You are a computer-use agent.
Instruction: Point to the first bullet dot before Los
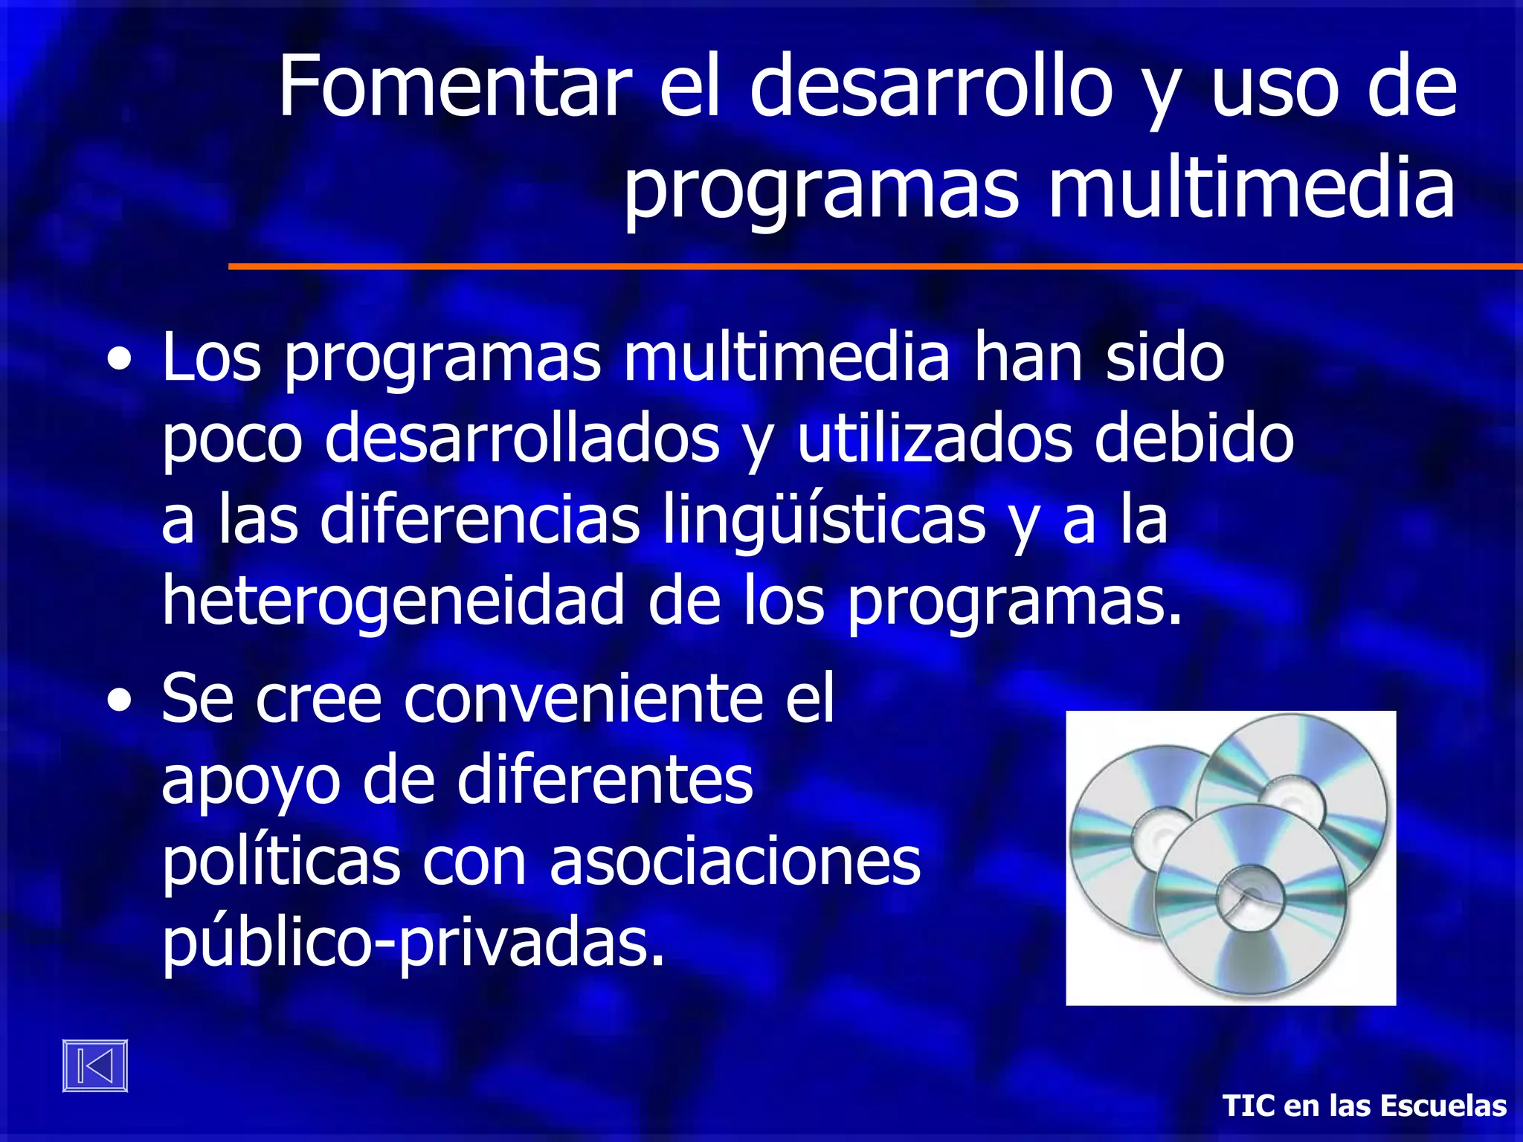120,361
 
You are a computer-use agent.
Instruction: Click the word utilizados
934,438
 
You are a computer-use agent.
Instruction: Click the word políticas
281,862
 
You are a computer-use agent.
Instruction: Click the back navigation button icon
95,1065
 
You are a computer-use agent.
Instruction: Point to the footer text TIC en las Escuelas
1364,1106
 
